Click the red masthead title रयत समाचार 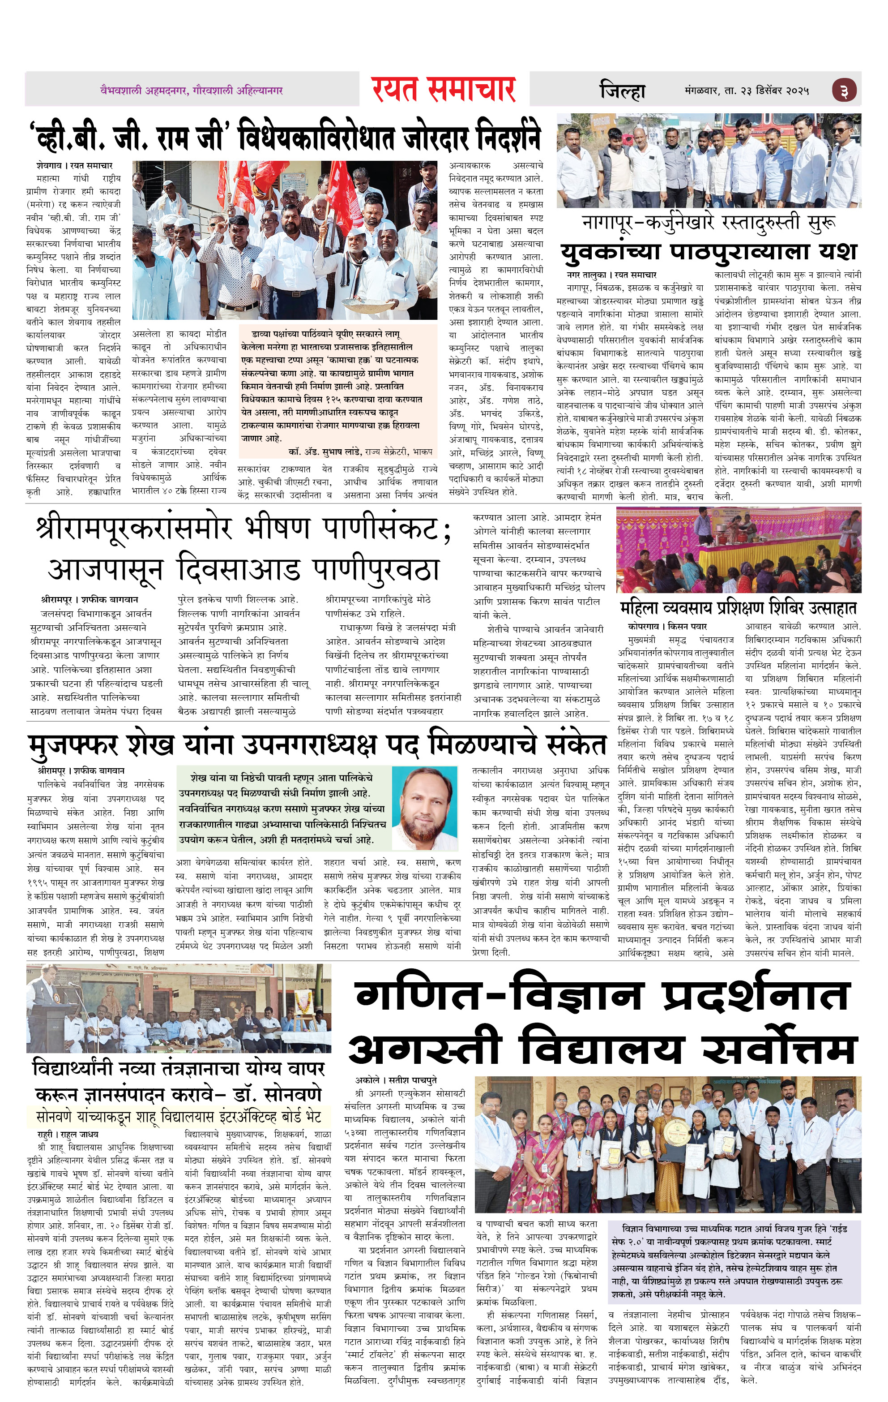point(444,90)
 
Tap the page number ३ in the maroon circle point(844,91)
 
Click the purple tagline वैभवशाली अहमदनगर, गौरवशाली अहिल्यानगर point(192,91)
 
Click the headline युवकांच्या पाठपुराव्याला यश point(709,252)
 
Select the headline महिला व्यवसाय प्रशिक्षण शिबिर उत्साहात point(738,608)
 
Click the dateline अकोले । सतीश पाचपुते point(396,1080)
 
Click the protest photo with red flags point(285,240)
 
